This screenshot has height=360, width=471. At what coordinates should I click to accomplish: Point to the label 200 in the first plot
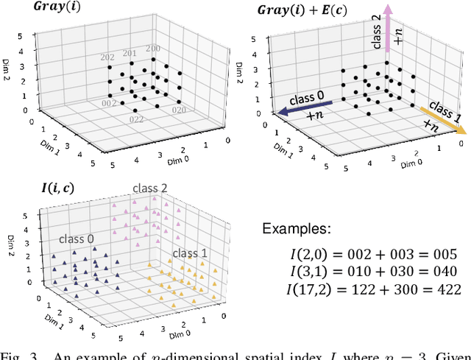[153, 49]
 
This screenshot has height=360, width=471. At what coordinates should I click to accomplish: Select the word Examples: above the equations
[297, 229]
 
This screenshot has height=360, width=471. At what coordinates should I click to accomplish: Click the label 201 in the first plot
[129, 52]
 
